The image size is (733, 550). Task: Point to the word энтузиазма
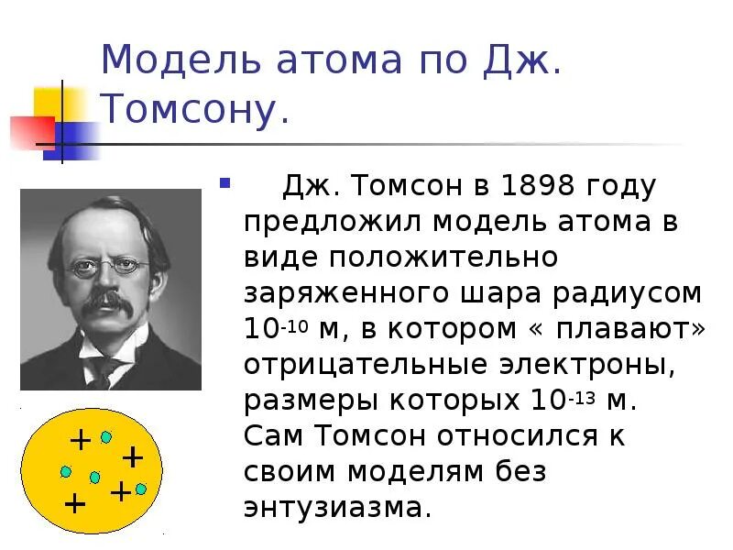point(336,506)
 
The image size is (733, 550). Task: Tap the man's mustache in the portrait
point(109,299)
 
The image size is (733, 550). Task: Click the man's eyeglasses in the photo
point(109,265)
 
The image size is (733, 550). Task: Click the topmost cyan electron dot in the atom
point(106,437)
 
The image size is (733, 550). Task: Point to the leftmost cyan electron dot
point(66,471)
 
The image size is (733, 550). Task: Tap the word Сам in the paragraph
point(274,435)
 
